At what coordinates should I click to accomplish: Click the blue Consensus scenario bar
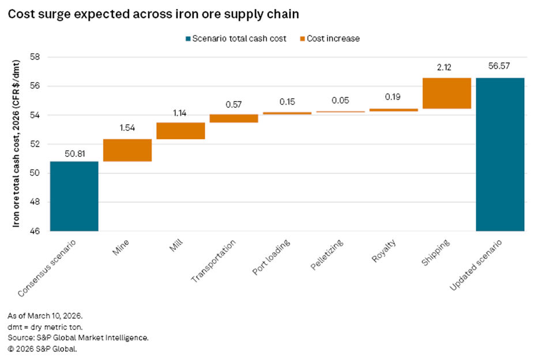pos(74,196)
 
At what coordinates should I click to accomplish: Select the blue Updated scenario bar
pos(499,154)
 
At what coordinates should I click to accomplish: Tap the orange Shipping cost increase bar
pos(446,93)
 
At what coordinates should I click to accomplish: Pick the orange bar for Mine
pos(127,150)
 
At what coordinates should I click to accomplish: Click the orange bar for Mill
pos(180,131)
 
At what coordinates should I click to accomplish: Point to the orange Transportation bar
pos(234,118)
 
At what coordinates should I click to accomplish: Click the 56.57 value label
pos(499,67)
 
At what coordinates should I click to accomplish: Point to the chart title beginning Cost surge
pos(153,14)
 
